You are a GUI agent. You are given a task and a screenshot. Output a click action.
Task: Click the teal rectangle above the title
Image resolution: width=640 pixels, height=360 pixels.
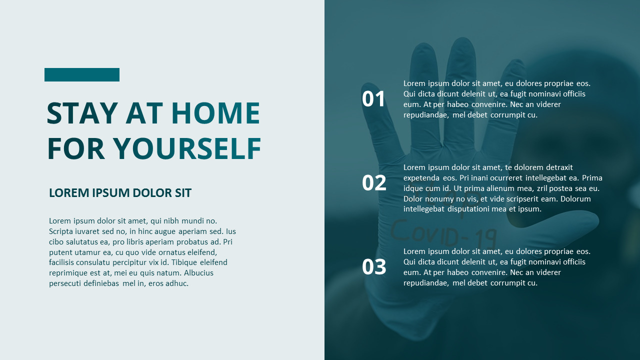[82, 74]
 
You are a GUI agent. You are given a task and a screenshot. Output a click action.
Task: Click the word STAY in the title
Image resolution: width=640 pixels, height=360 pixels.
[82, 113]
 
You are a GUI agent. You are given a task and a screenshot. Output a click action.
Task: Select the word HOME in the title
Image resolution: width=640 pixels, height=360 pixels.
[215, 113]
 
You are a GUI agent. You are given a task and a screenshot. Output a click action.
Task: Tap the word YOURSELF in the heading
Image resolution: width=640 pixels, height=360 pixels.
[187, 148]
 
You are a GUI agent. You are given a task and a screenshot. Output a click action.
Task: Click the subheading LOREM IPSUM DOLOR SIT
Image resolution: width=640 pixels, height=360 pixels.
[120, 193]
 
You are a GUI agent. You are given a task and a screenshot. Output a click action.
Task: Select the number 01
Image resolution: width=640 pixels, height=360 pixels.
[374, 99]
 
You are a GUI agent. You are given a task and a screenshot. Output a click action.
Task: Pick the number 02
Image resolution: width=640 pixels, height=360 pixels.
[374, 183]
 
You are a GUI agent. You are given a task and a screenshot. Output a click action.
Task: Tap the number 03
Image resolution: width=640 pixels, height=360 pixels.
[374, 267]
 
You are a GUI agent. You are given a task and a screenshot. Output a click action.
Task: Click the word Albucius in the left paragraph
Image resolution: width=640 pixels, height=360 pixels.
[198, 273]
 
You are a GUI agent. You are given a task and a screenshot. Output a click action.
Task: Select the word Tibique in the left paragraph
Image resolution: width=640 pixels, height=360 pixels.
[184, 262]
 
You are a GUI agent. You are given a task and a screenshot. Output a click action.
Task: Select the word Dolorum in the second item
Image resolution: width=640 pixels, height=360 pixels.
[575, 199]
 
